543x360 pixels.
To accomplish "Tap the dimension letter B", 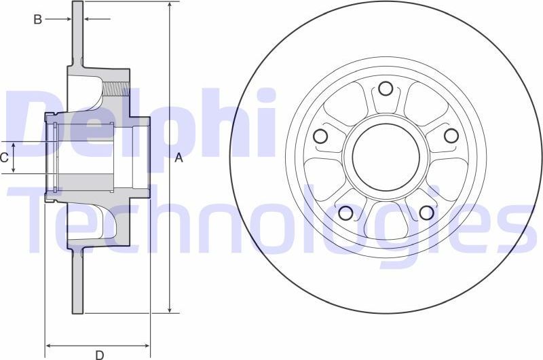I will tap(38, 20).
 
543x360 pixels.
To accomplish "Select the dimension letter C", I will tap(4, 158).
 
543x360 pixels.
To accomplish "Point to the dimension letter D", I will tap(99, 354).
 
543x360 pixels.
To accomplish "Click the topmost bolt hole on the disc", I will tap(386, 88).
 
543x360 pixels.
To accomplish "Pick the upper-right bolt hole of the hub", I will tap(451, 136).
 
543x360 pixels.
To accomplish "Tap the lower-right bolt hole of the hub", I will tap(426, 213).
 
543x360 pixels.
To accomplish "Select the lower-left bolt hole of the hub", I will tap(345, 213).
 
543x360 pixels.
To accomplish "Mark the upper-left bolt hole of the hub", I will tap(320, 136).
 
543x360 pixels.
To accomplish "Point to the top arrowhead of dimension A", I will tap(169, 6).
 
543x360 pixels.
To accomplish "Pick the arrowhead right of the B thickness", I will tap(87, 20).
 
